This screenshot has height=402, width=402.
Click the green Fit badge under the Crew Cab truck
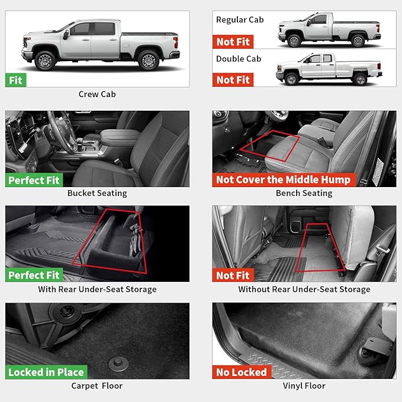pyautogui.click(x=15, y=80)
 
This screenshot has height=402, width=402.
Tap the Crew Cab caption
pyautogui.click(x=97, y=94)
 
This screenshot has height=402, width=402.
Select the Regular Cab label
pyautogui.click(x=240, y=20)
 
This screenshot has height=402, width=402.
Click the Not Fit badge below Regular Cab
pyautogui.click(x=233, y=41)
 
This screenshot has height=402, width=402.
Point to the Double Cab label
pyautogui.click(x=239, y=59)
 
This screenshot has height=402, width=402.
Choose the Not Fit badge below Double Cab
pyautogui.click(x=233, y=80)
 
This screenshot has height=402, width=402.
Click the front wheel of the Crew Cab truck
pyautogui.click(x=45, y=60)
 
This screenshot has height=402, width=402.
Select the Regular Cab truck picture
pyautogui.click(x=329, y=30)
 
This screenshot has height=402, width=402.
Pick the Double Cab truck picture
pyautogui.click(x=329, y=69)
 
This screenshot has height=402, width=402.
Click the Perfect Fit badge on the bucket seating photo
pyautogui.click(x=34, y=180)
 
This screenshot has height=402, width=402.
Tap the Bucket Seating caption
pyautogui.click(x=97, y=193)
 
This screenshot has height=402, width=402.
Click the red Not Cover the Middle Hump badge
pyautogui.click(x=283, y=180)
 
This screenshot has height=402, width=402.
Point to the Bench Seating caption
pyautogui.click(x=304, y=193)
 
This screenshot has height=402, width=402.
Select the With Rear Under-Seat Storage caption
pyautogui.click(x=97, y=290)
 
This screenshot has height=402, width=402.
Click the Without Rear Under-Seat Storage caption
pyautogui.click(x=304, y=290)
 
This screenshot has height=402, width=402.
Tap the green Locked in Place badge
pyautogui.click(x=46, y=372)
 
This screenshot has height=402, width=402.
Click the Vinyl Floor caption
pyautogui.click(x=304, y=386)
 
